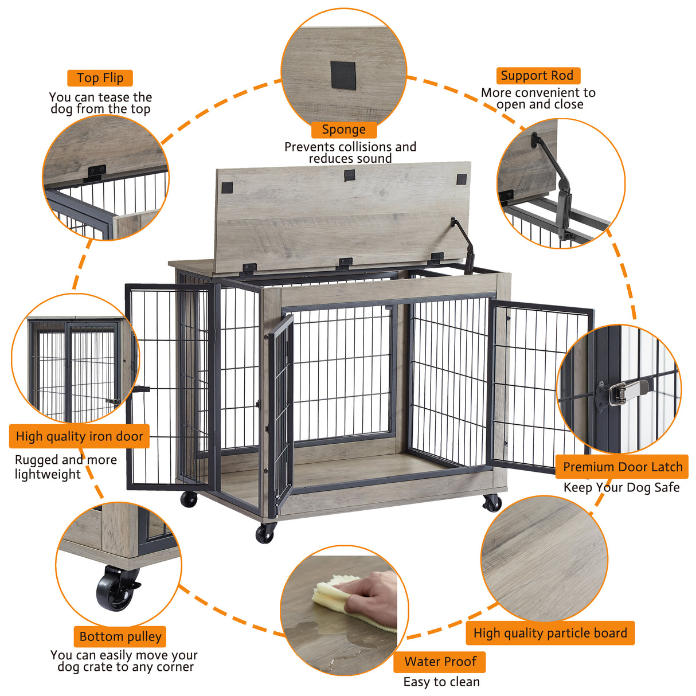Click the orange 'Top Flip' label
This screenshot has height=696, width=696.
tap(100, 78)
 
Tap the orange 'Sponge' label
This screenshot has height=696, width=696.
tap(343, 130)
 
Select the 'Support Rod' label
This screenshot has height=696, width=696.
tap(537, 76)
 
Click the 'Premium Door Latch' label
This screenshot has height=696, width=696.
tap(623, 467)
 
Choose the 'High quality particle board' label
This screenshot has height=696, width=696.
tap(550, 633)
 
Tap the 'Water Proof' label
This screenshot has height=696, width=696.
tap(440, 662)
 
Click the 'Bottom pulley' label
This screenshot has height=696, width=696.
tap(120, 636)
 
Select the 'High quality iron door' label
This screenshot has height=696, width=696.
tap(79, 436)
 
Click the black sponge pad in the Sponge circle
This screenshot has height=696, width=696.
tap(343, 75)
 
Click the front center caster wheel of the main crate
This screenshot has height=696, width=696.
tap(265, 533)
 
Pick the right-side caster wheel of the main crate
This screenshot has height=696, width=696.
tap(492, 503)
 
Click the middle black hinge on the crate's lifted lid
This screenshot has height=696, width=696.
tap(345, 263)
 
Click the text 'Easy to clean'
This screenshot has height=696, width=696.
tap(441, 682)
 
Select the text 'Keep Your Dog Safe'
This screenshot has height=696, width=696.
tap(621, 487)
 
